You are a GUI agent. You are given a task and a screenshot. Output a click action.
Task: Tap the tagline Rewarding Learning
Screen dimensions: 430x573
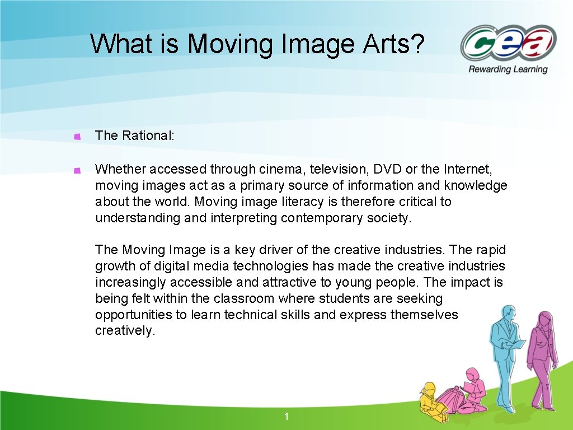508,69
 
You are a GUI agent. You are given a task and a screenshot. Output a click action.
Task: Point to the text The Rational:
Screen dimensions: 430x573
135,135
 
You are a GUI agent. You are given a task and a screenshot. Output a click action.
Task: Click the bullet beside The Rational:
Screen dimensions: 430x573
78,136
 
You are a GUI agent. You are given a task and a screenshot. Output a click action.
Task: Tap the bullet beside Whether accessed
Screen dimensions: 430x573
78,169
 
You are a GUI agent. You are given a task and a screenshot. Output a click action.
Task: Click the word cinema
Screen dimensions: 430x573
283,169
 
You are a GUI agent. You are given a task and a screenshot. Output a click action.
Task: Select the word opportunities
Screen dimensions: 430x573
133,315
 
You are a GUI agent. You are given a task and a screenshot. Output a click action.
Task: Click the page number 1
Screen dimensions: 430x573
286,416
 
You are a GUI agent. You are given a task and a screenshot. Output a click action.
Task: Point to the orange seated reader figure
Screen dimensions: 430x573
473,389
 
